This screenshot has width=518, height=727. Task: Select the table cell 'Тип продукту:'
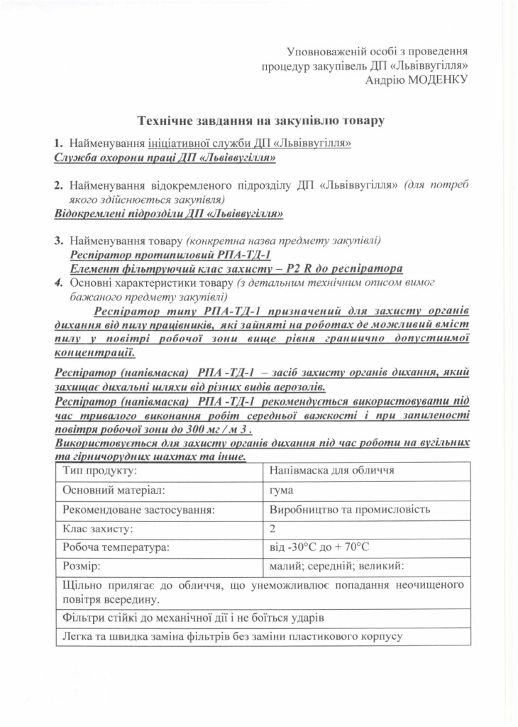(x=99, y=471)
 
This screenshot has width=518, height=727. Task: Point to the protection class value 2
(x=273, y=529)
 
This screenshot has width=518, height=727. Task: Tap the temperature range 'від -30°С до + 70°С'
(x=320, y=548)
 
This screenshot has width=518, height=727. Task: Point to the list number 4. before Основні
(x=59, y=283)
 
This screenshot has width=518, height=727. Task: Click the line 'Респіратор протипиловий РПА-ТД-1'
(x=171, y=254)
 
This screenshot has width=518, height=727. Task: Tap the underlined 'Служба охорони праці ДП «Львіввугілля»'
(x=165, y=158)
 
